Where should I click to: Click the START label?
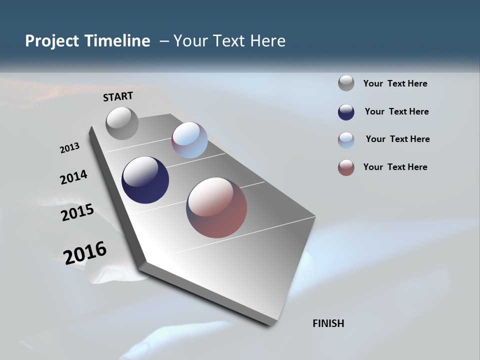point(118,96)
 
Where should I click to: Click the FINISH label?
point(328,323)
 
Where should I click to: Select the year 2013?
point(69,148)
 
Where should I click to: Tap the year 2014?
point(73,177)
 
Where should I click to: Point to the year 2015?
point(77,212)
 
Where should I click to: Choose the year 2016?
point(85,252)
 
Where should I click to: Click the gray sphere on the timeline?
point(122,123)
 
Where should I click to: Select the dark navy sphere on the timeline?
point(145,180)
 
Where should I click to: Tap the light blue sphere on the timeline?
point(189,140)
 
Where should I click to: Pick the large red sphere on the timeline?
point(216,207)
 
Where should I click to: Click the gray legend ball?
point(346,83)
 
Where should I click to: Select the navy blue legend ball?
point(346,112)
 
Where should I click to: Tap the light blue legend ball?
point(346,140)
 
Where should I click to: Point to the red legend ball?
point(346,167)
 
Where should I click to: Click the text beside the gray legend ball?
point(395,83)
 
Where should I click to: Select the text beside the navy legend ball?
point(396,111)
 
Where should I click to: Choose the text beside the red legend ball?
point(395,167)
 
